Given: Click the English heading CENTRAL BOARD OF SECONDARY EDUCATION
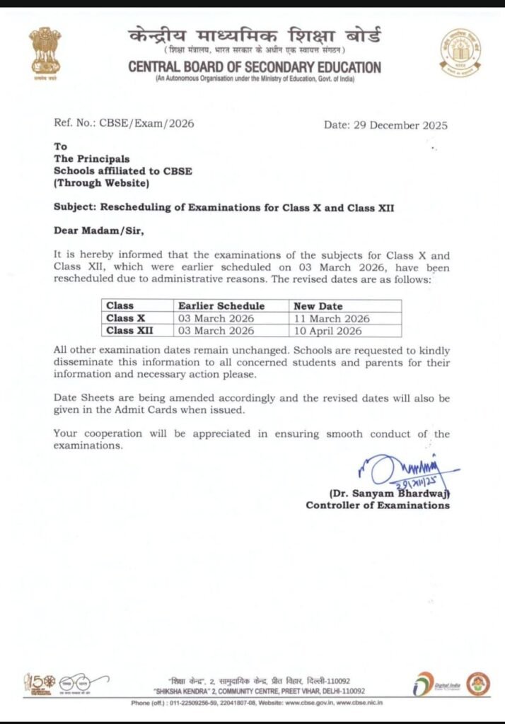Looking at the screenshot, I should [x=255, y=67].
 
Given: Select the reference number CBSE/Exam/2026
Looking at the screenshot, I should [x=146, y=123].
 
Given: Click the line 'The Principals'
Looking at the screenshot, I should [x=92, y=159].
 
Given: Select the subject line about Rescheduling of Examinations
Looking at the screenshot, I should [x=223, y=207].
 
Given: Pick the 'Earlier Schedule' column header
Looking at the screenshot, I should [x=221, y=306].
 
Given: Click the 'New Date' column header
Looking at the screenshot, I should [x=318, y=306].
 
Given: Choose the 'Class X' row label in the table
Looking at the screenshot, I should [x=126, y=318].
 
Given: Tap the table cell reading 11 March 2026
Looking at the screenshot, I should [x=332, y=318].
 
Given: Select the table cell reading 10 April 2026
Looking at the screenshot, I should [x=328, y=330].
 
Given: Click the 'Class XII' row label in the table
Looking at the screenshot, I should [x=130, y=330].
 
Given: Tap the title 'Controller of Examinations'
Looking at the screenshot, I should [x=378, y=505].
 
